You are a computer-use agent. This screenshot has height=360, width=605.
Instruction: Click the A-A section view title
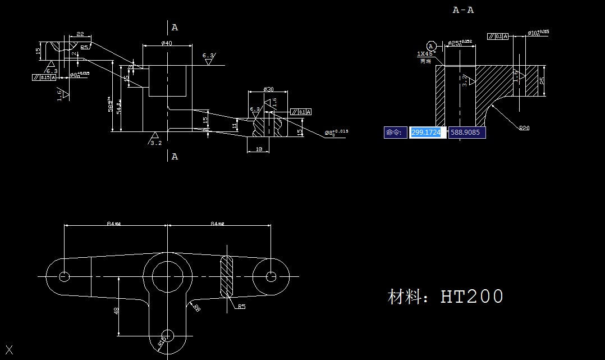pos(463,10)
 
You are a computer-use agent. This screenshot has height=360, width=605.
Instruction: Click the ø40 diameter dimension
pos(166,43)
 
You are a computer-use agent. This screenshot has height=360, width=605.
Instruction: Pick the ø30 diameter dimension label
pos(268,89)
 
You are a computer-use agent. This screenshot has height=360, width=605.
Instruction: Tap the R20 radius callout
pos(524,128)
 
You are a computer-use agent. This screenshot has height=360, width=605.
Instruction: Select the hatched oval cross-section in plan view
pos(226,276)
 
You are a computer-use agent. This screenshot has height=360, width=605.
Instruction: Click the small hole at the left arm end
pos(64,276)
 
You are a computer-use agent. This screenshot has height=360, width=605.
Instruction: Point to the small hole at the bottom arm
pos(167,335)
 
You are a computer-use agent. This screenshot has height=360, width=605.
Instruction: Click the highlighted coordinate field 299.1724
pos(428,133)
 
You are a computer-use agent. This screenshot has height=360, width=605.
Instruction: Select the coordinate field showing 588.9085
pos(467,133)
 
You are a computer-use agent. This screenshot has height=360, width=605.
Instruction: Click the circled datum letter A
pos(431,45)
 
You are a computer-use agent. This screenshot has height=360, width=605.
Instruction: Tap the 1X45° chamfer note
pos(426,54)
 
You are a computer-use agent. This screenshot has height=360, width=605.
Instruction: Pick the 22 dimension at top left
pos(80,34)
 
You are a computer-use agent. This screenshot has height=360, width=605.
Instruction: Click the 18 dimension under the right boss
pos(258,149)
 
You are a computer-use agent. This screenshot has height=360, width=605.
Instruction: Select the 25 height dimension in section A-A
pos(540,81)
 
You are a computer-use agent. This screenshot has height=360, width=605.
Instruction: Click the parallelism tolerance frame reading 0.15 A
pos(45,78)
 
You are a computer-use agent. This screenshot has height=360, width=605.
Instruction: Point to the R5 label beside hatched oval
pos(241,307)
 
